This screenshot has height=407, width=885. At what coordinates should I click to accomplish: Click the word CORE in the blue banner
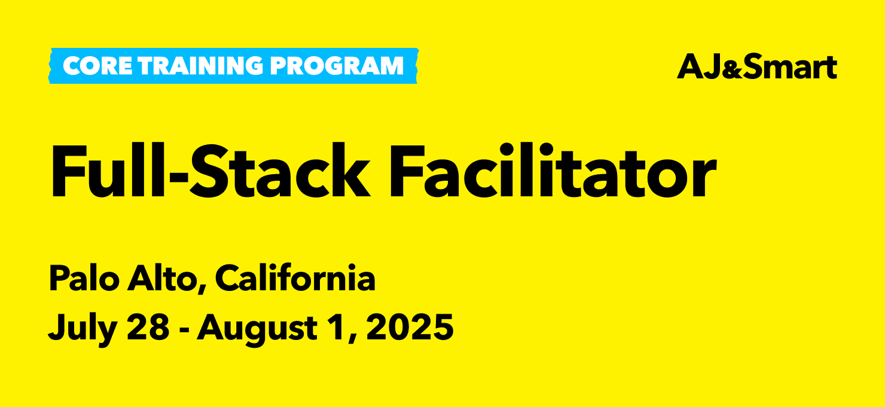(97, 66)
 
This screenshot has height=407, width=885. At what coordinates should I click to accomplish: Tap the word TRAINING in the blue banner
(201, 66)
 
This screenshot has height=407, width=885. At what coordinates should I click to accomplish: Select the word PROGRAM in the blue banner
(337, 66)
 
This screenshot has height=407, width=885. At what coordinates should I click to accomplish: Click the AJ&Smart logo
(757, 66)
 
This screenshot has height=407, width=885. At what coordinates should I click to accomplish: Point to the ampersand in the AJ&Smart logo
(734, 70)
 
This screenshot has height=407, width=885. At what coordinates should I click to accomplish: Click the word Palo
(84, 278)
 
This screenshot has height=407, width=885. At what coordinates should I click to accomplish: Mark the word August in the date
(257, 329)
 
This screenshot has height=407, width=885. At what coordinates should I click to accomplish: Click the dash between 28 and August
(183, 329)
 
